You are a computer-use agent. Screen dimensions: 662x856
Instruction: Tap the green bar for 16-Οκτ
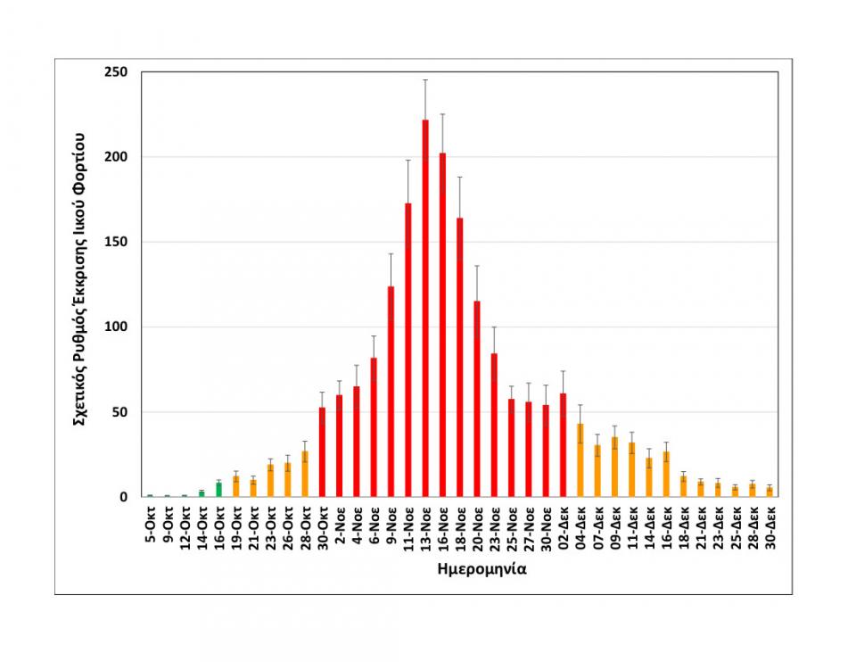point(218,490)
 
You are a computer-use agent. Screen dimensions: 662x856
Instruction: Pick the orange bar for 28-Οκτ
point(305,475)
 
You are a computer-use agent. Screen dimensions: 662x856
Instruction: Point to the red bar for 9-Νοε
point(391,392)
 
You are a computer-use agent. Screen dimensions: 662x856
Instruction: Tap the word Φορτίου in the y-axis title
point(79,163)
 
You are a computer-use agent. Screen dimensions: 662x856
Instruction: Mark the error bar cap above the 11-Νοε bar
point(408,161)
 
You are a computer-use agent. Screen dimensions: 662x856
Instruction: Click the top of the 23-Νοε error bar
point(494,327)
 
